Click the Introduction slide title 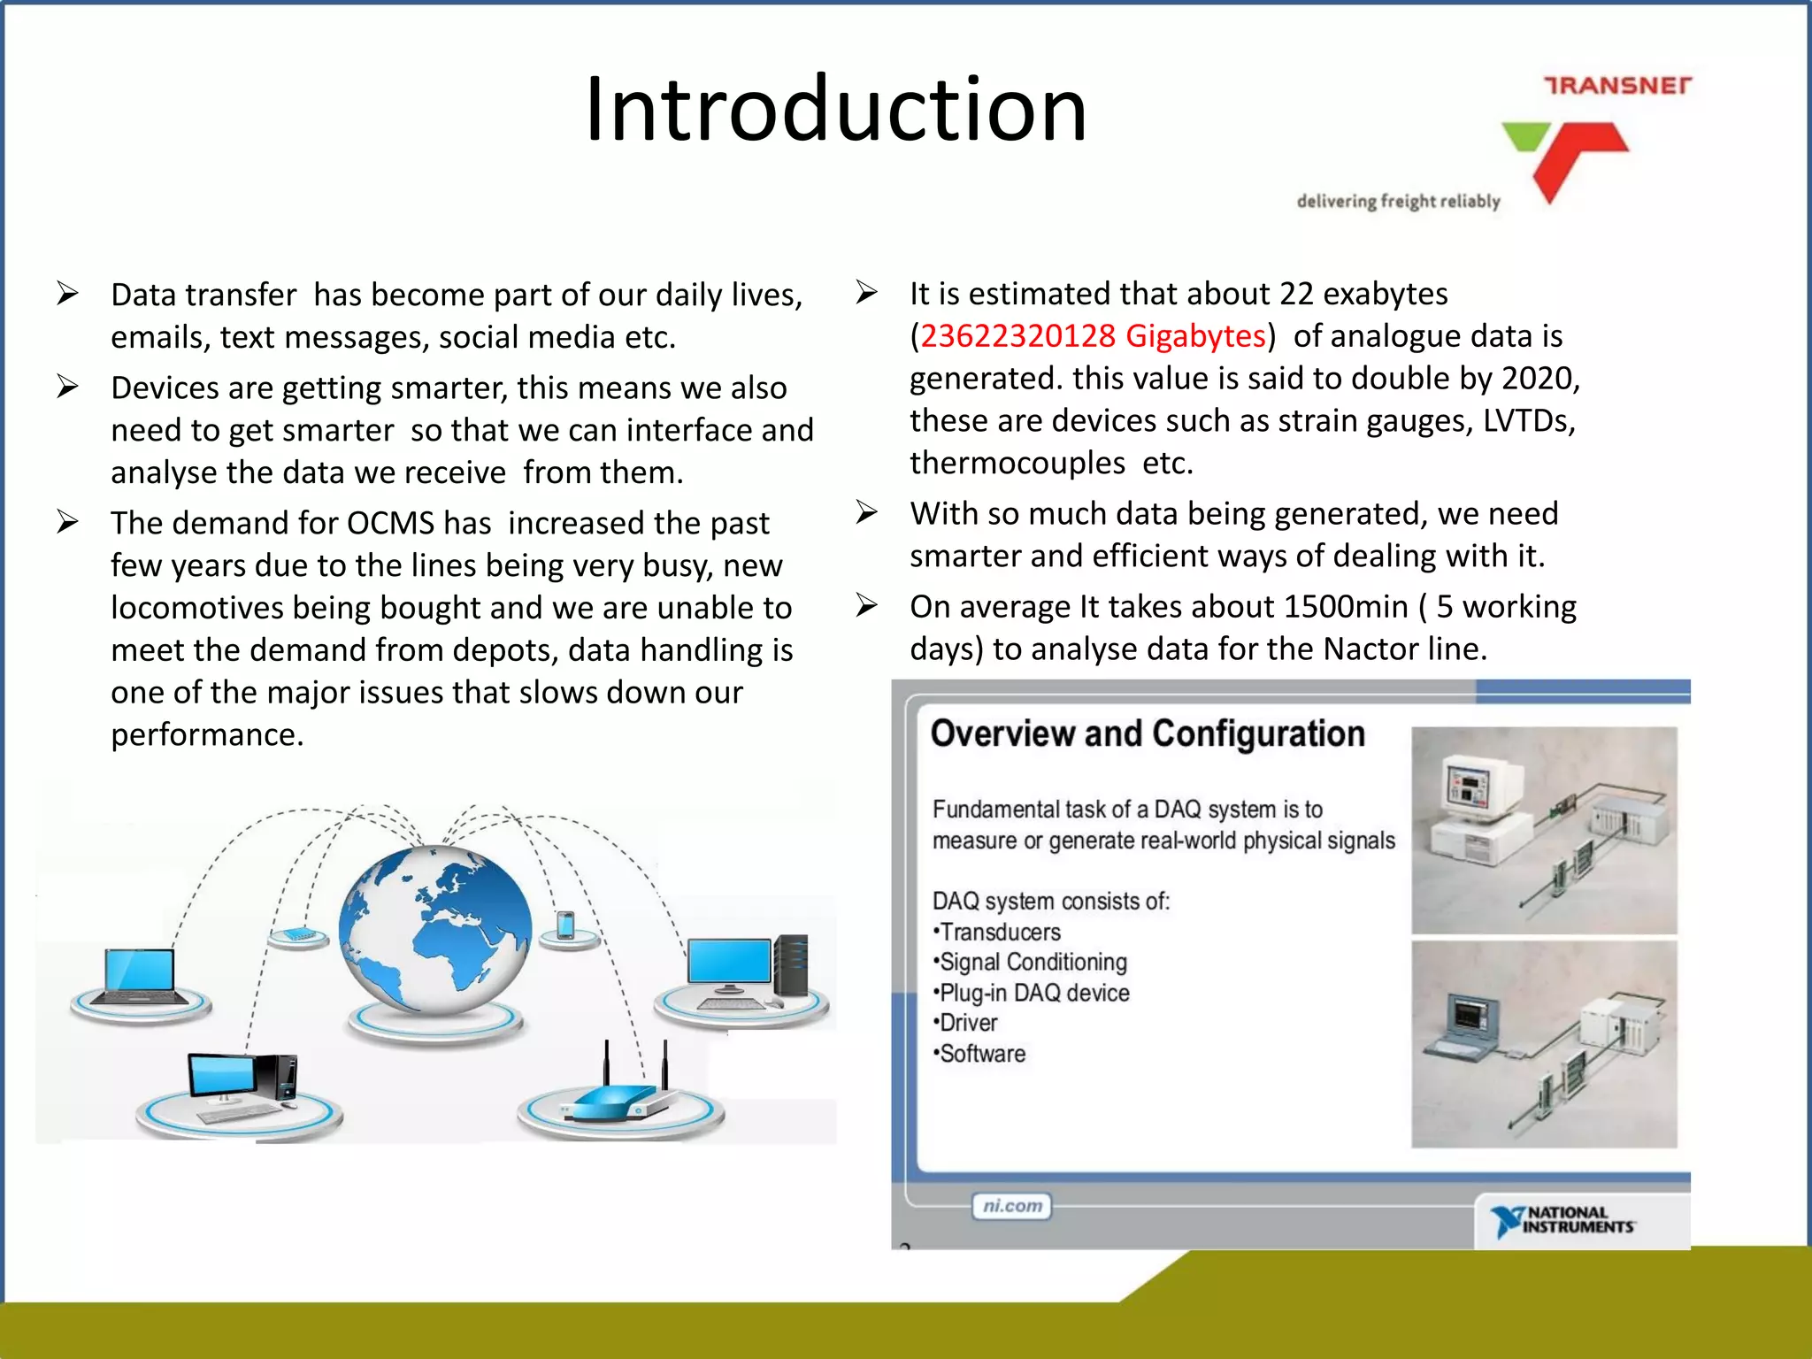click(x=835, y=110)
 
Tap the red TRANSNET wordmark click(x=1617, y=86)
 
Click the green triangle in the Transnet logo click(x=1525, y=137)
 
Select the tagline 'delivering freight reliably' click(x=1398, y=202)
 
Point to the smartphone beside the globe click(x=566, y=926)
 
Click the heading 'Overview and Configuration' click(x=1148, y=734)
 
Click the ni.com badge click(x=1012, y=1206)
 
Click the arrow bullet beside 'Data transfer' click(x=68, y=294)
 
